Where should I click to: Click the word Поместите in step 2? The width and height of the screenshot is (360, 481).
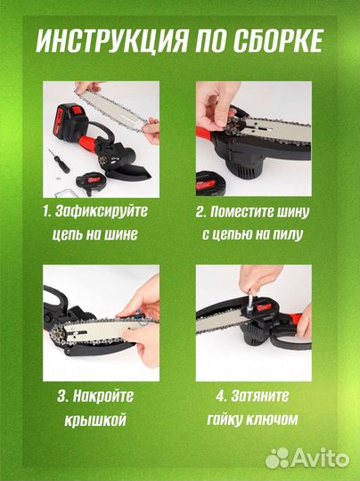click(x=268, y=212)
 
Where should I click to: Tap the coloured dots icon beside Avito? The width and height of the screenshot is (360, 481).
click(x=278, y=457)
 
